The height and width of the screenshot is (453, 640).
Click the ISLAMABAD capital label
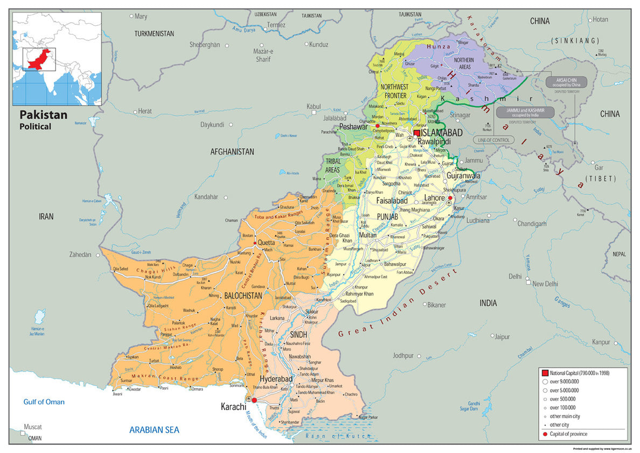[x=442, y=133]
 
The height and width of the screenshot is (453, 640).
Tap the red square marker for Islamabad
[x=417, y=133]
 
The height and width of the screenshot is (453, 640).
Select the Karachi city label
[x=233, y=406]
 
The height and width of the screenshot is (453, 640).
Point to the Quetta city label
[x=267, y=243]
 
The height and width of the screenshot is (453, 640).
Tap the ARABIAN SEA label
[x=154, y=430]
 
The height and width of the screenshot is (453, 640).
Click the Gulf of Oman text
[x=44, y=402]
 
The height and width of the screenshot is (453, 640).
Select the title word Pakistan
[x=44, y=115]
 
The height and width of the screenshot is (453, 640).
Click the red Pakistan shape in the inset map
[x=39, y=59]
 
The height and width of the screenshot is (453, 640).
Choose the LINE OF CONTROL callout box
[x=493, y=140]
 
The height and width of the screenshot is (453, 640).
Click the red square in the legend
[x=545, y=373]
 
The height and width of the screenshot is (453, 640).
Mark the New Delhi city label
[x=545, y=284]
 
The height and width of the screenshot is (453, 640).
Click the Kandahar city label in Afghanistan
[x=207, y=197]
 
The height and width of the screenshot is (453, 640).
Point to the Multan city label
[x=368, y=235]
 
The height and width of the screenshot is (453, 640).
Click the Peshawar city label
[x=353, y=127]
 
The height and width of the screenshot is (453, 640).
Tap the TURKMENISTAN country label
[x=154, y=33]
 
